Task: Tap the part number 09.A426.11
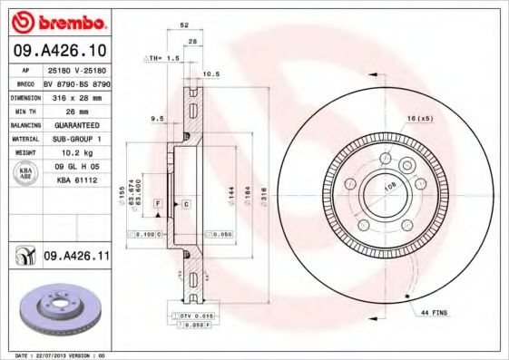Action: tap(76, 258)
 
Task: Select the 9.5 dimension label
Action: tap(156, 118)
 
